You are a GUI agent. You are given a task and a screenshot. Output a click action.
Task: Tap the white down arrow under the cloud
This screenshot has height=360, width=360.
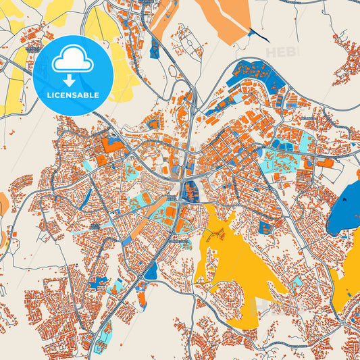click(x=73, y=81)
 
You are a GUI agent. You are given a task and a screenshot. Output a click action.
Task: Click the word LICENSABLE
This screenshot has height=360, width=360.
click(x=73, y=95)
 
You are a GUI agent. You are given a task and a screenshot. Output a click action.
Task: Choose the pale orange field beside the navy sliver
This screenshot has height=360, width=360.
click(x=223, y=17)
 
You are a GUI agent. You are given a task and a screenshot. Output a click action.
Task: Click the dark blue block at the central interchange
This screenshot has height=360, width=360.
click(x=188, y=190)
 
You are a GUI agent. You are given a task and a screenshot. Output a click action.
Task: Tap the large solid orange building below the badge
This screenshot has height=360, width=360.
click(x=112, y=144)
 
